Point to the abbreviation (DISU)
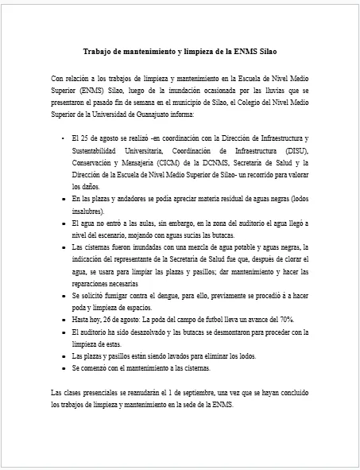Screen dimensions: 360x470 [294, 151]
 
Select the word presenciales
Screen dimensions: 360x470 [103, 393]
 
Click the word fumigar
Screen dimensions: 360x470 [117, 295]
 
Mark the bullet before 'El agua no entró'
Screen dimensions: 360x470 [63, 224]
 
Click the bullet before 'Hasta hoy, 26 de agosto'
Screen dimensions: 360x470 [63, 318]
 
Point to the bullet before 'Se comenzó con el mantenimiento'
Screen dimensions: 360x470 [63, 368]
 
